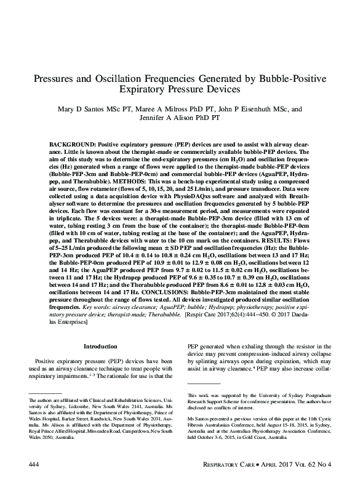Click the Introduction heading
coord(100,347)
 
